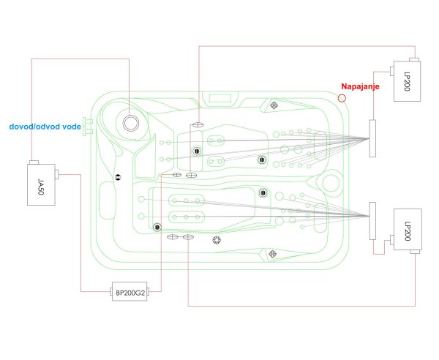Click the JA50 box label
41,187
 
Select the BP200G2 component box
130,291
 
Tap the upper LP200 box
407,81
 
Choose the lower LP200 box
408,230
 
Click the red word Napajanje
360,86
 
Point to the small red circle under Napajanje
342,98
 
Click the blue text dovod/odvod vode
45,127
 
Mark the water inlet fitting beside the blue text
88,127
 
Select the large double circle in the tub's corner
131,123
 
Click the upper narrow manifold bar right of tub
372,138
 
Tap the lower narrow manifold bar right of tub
372,221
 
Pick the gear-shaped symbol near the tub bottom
217,240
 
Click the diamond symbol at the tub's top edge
274,105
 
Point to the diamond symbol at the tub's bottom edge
273,254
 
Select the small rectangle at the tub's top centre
220,98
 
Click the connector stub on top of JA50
34,162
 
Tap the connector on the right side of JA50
57,174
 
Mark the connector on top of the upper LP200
414,59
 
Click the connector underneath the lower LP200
415,252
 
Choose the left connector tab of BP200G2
111,292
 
